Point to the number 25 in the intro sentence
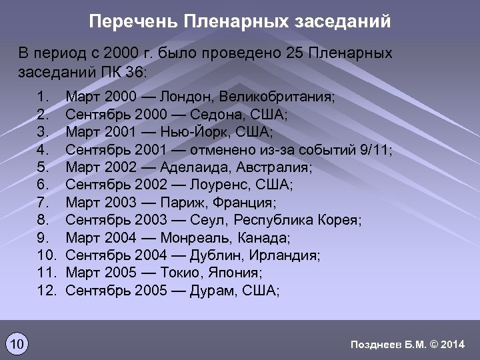click(x=295, y=53)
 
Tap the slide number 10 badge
click(x=17, y=344)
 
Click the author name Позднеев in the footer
click(x=375, y=344)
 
